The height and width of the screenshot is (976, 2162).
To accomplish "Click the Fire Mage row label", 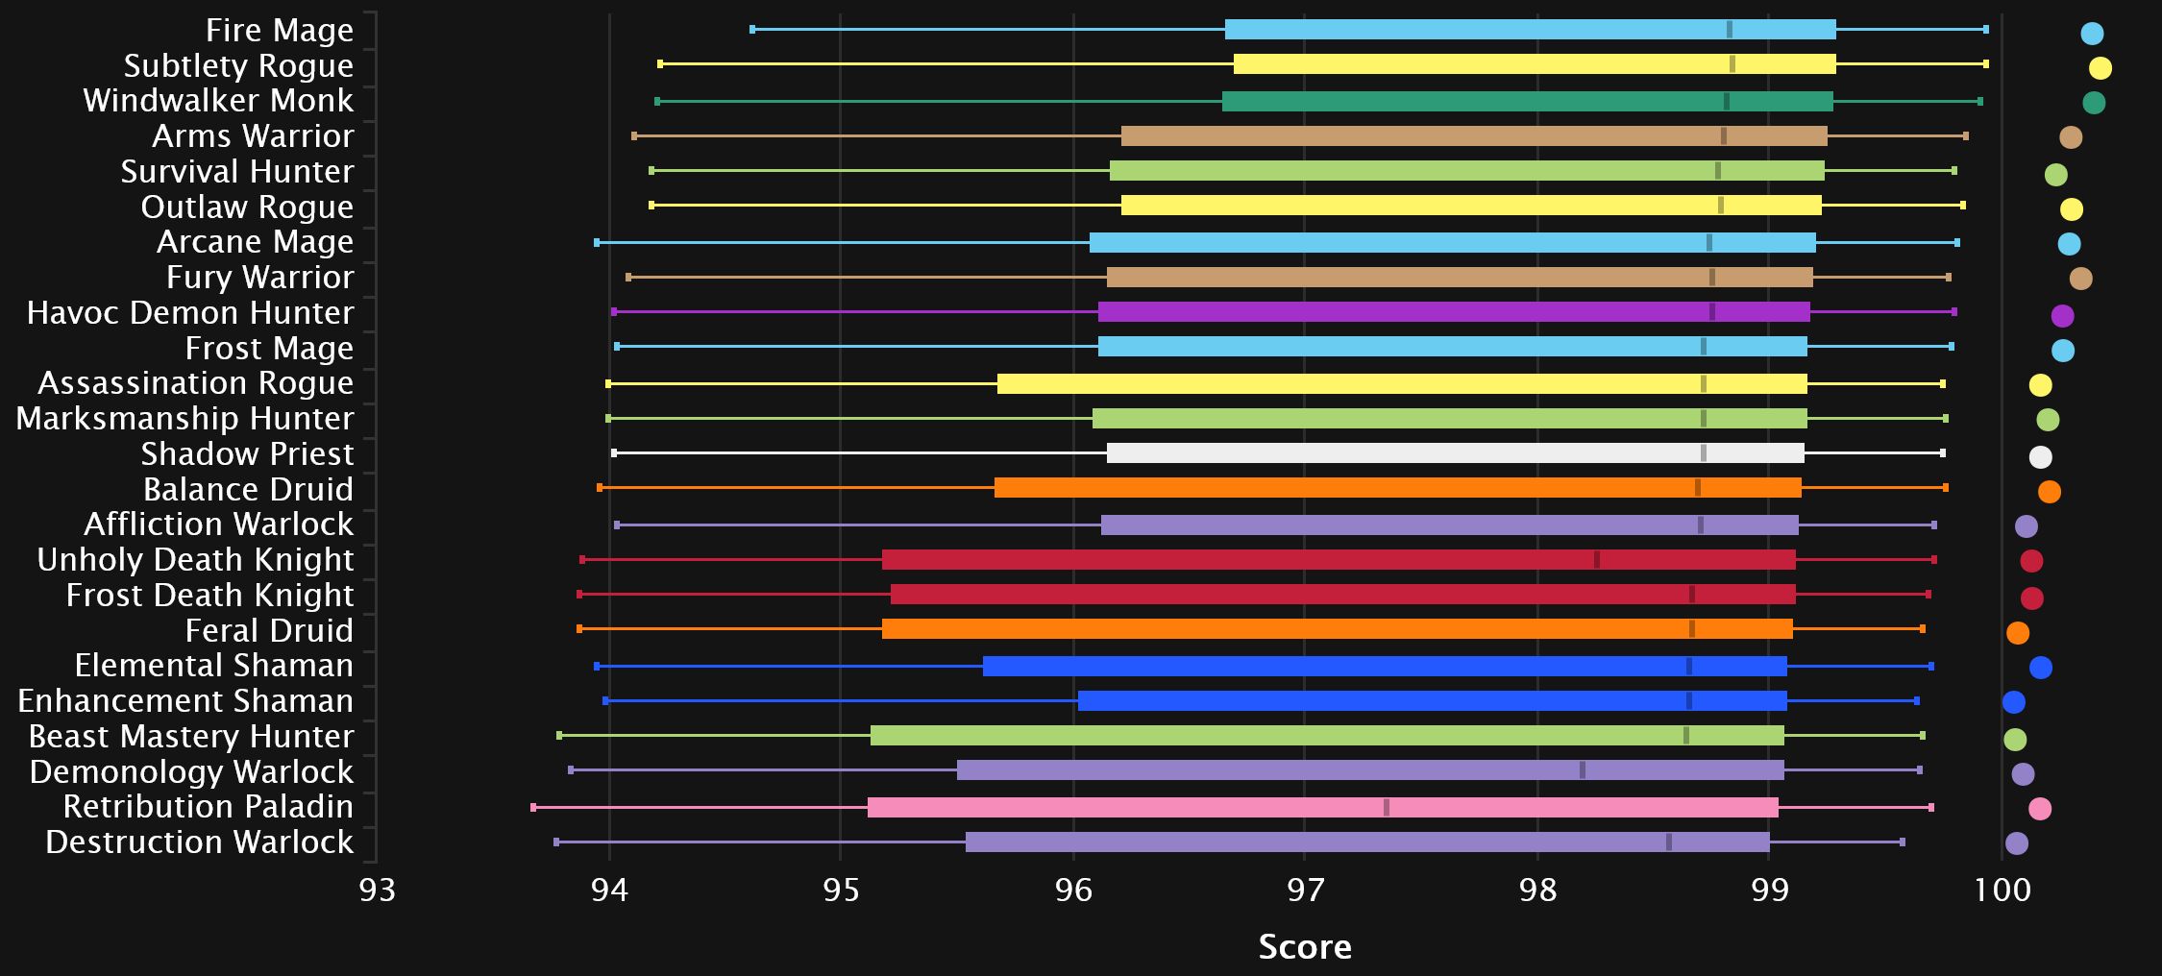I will pyautogui.click(x=279, y=31).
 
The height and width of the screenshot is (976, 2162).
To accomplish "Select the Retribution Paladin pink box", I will pyautogui.click(x=1322, y=808).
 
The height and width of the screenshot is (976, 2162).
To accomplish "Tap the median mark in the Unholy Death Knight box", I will pyautogui.click(x=1597, y=560).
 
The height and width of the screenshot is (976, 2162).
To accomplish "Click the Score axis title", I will pyautogui.click(x=1305, y=947).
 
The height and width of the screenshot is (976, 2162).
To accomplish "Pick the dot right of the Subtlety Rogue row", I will pyautogui.click(x=2101, y=68).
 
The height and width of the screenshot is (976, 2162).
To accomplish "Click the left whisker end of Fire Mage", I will pyautogui.click(x=752, y=30).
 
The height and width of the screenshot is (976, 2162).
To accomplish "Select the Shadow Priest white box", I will pyautogui.click(x=1455, y=453).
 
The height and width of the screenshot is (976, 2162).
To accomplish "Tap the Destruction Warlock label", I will pyautogui.click(x=199, y=842).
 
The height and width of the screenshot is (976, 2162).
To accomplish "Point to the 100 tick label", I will pyautogui.click(x=2002, y=890).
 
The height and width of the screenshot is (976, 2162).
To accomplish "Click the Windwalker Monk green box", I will pyautogui.click(x=1527, y=102).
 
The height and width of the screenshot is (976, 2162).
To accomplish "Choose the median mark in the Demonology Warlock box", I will pyautogui.click(x=1583, y=770).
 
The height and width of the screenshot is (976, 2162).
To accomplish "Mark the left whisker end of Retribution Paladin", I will pyautogui.click(x=533, y=808).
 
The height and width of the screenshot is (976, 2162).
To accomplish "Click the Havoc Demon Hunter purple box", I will pyautogui.click(x=1454, y=312).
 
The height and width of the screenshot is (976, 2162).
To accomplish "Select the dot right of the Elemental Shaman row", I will pyautogui.click(x=2041, y=668).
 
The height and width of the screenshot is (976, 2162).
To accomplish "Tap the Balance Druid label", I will pyautogui.click(x=248, y=490).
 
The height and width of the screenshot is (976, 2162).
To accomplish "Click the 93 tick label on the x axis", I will pyautogui.click(x=377, y=890).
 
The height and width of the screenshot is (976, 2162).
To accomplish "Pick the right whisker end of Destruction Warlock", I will pyautogui.click(x=1903, y=842).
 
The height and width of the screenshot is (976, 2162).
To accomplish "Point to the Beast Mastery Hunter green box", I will pyautogui.click(x=1327, y=736).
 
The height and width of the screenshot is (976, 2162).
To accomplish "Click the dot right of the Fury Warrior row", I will pyautogui.click(x=2080, y=279).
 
